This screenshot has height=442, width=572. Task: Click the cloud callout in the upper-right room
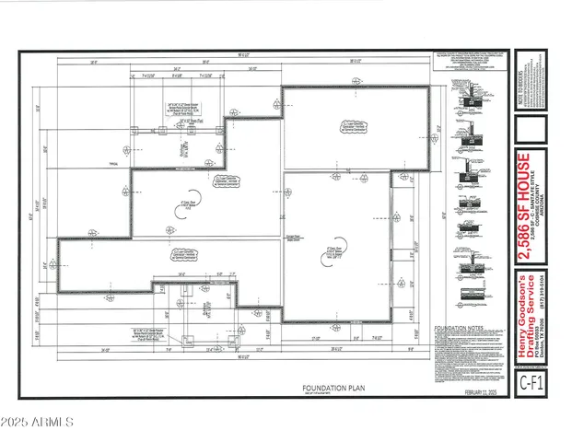click(333, 128)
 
